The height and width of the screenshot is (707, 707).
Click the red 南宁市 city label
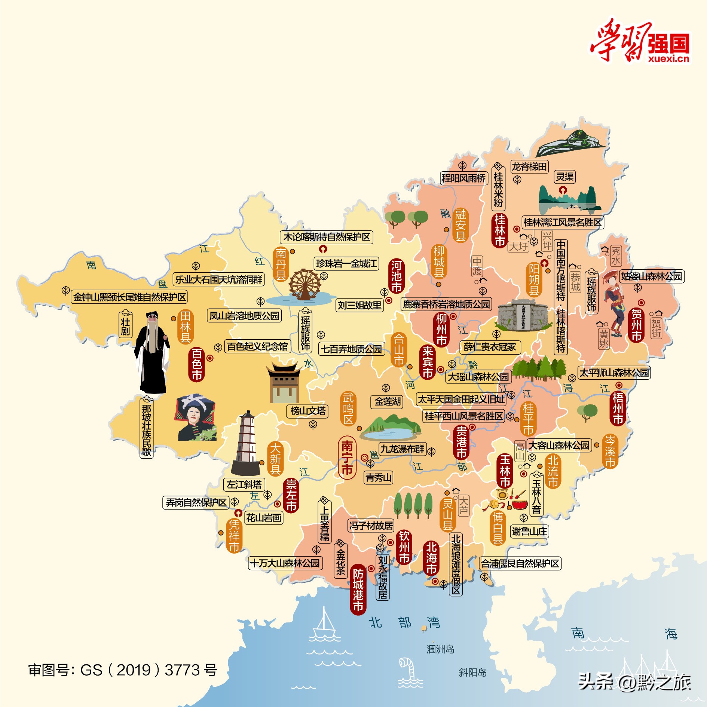point(347,457)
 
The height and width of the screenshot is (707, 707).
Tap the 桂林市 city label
point(500,230)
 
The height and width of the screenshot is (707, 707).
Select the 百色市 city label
point(197,364)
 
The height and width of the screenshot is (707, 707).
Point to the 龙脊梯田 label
point(529,167)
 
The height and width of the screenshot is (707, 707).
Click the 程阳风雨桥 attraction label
point(463,178)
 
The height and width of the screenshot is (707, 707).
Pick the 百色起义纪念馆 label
point(257,346)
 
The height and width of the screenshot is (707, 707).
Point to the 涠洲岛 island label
point(440,649)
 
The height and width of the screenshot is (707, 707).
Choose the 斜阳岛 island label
point(472,673)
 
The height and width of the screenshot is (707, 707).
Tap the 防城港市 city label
point(358,590)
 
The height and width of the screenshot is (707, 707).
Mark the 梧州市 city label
point(618,408)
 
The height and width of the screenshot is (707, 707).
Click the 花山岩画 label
point(264,518)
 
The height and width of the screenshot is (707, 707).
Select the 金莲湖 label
point(388,402)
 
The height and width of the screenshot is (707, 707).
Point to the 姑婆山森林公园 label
point(651,276)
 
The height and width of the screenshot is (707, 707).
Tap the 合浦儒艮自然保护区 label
point(520,563)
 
